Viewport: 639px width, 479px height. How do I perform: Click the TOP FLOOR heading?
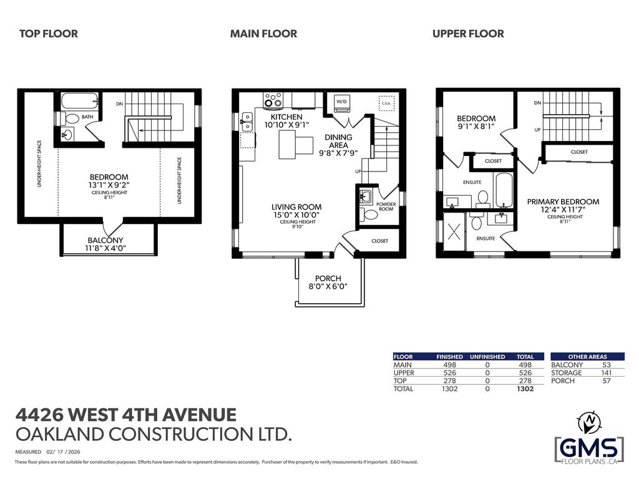[49, 34]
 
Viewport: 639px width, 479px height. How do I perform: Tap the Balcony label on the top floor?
[105, 240]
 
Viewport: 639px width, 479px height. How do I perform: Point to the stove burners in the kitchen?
[273, 100]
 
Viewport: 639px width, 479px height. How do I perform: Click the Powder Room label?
[386, 206]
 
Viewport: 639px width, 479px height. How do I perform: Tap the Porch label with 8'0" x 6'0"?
[328, 282]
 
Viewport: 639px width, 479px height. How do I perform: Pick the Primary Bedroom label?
[563, 201]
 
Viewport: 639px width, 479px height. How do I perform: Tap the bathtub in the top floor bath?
[80, 100]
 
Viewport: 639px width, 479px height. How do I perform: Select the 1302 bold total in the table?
[525, 389]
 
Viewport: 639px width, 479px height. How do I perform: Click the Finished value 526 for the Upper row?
[449, 372]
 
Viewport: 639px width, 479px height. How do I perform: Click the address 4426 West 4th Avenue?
[125, 414]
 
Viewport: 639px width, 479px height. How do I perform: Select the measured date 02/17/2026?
[62, 452]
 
